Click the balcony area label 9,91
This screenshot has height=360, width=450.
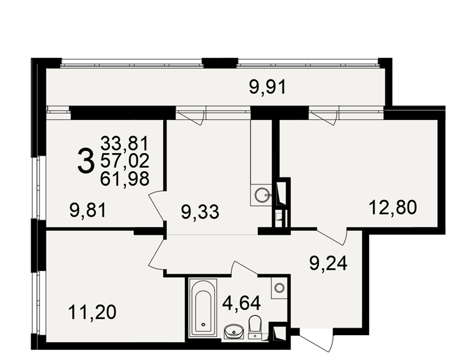coord(267,87)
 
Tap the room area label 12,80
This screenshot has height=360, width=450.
coord(393,207)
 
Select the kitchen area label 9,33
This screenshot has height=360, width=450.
coord(200,212)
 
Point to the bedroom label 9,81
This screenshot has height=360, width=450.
coord(88,211)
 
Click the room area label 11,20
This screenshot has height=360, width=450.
coord(92,312)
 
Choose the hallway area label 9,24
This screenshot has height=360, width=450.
coord(328,263)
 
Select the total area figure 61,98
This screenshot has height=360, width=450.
coord(125,179)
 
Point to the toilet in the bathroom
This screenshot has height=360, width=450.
coord(255,327)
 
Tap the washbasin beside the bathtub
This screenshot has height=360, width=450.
coord(234,332)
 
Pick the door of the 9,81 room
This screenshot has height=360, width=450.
coord(157,206)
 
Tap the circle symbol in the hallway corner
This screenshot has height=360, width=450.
coord(279,288)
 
